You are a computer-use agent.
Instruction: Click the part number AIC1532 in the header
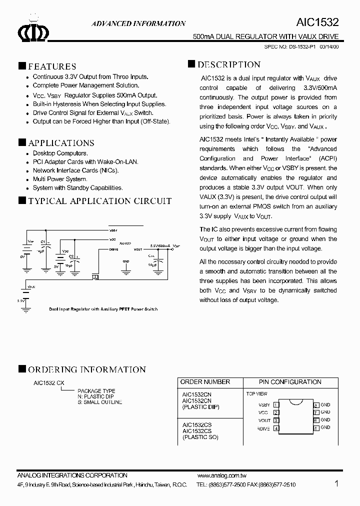tap(318, 23)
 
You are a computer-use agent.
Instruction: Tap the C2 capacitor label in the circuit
tap(71, 256)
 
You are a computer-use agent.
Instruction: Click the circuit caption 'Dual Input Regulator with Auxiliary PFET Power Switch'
tap(103, 309)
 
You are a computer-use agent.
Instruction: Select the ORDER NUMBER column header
tap(205, 382)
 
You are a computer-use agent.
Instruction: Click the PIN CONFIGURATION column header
tap(290, 382)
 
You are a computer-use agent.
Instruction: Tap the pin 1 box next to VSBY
tap(276, 405)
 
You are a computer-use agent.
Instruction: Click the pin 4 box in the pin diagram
tap(276, 428)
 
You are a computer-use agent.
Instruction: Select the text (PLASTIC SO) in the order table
tap(200, 437)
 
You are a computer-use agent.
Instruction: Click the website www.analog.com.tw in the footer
tap(221, 475)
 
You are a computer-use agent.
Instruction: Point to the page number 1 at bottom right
tap(336, 483)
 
